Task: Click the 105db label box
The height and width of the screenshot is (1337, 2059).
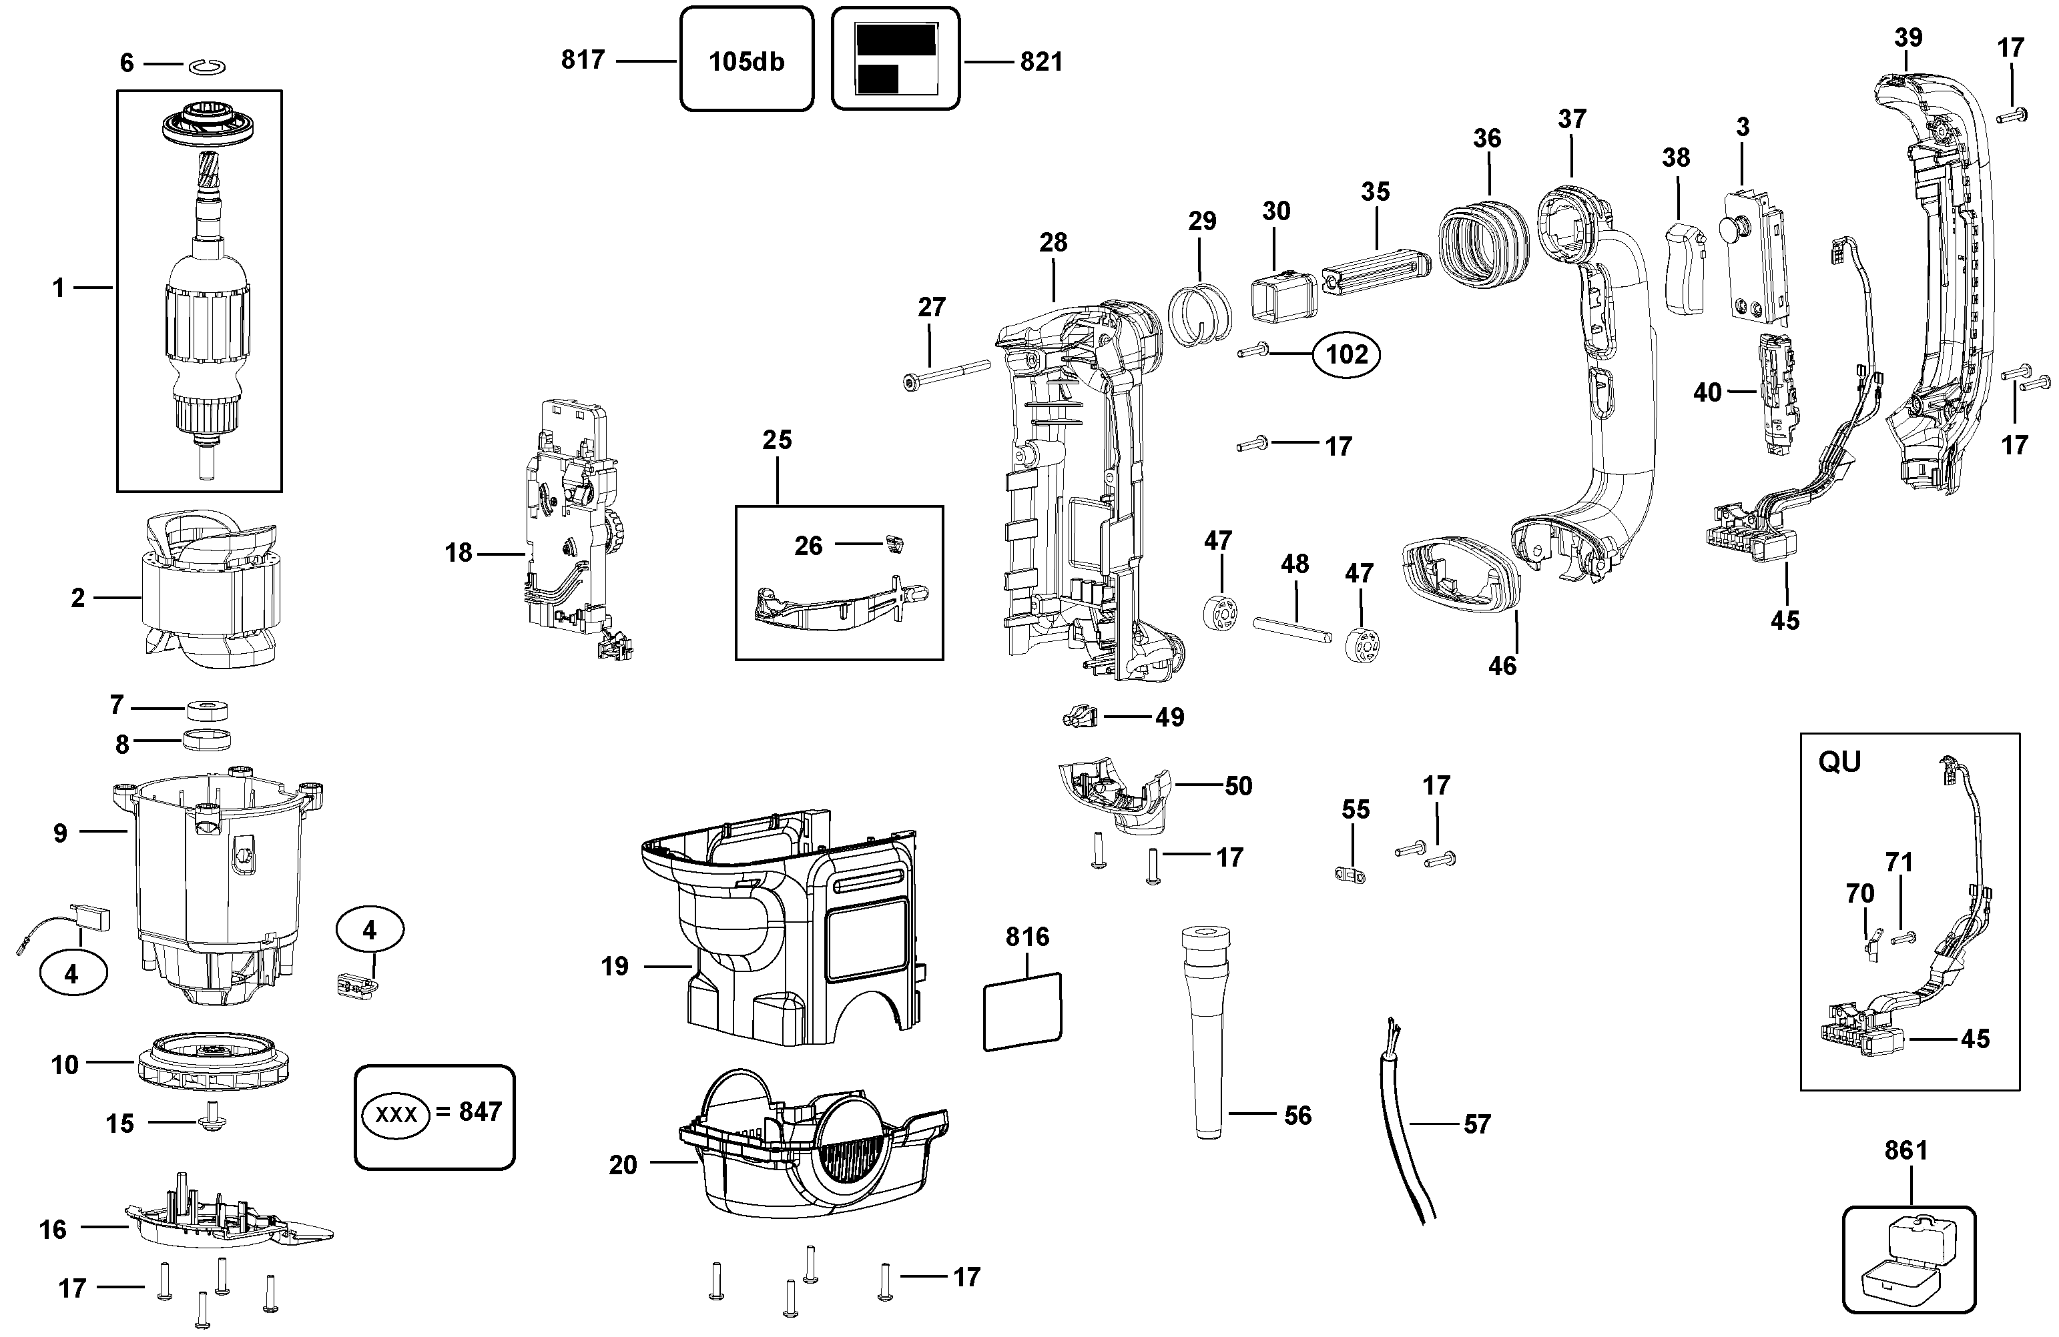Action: (747, 59)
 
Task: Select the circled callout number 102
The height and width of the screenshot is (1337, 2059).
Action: (1346, 354)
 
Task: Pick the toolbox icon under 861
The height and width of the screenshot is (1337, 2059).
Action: (1909, 1260)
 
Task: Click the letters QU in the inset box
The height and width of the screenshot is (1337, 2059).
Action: (1839, 762)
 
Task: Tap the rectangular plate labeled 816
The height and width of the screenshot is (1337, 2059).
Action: (1022, 1011)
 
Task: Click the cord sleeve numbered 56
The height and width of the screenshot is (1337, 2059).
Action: (1207, 1033)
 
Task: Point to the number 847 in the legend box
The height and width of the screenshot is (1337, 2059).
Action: (480, 1111)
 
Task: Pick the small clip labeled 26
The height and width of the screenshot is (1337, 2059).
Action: (896, 543)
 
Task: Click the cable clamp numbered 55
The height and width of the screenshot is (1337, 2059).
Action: (1350, 875)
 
